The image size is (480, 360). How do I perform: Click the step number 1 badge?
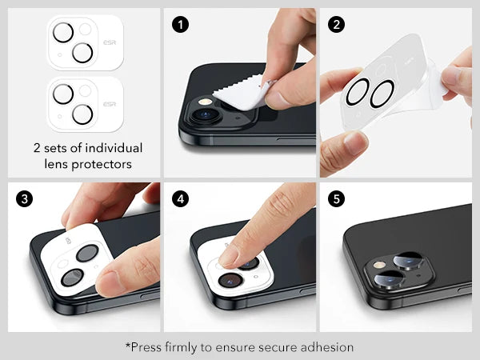click(181, 24)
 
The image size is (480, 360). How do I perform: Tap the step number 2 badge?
click(336, 24)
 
